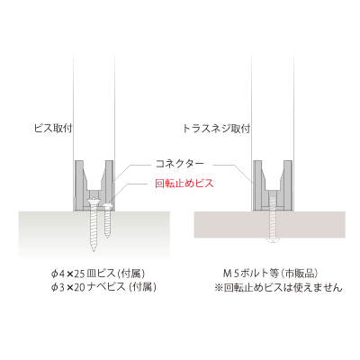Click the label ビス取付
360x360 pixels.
pyautogui.click(x=53, y=129)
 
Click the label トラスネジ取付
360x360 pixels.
pyautogui.click(x=216, y=129)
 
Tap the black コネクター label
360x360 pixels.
pyautogui.click(x=180, y=164)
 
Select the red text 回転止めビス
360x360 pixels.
pyautogui.click(x=184, y=183)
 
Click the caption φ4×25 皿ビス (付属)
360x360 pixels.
pyautogui.click(x=98, y=274)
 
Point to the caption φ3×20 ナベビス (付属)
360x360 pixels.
pyautogui.click(x=103, y=287)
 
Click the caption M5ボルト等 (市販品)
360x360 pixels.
pyautogui.click(x=270, y=274)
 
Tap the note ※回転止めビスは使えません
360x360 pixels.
pyautogui.click(x=278, y=288)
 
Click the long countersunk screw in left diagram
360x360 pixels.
pyautogui.click(x=94, y=224)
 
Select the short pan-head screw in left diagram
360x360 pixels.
pyautogui.click(x=107, y=220)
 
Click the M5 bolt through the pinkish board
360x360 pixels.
pyautogui.click(x=273, y=219)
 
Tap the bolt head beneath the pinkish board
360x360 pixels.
pyautogui.click(x=273, y=240)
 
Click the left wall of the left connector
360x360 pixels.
pyautogui.click(x=79, y=185)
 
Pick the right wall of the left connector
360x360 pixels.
pyautogui.click(x=109, y=185)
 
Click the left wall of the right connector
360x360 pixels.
pyautogui.click(x=258, y=185)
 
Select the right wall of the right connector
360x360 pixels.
pyautogui.click(x=287, y=185)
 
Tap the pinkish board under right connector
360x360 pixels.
pyautogui.click(x=269, y=225)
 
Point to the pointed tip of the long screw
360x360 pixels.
pyautogui.click(x=94, y=251)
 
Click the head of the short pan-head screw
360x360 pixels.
pyautogui.click(x=107, y=205)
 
